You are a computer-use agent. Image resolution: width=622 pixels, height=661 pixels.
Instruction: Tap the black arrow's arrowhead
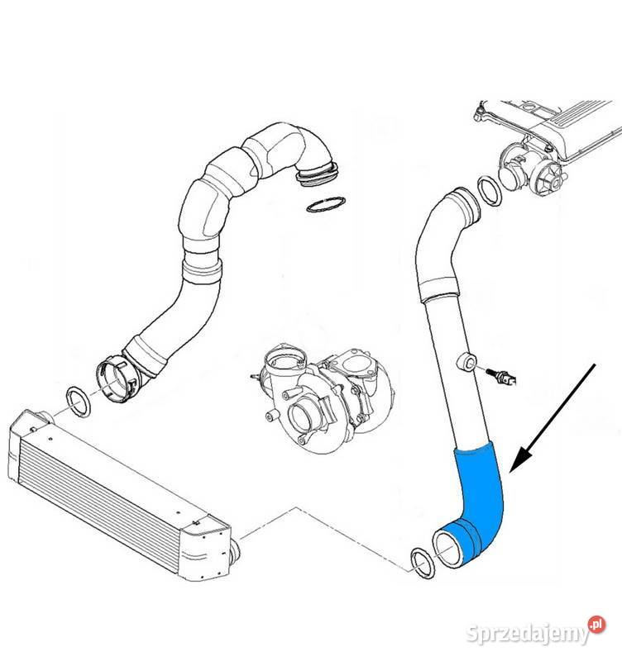522,460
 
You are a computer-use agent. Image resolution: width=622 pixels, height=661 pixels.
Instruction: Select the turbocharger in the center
323,397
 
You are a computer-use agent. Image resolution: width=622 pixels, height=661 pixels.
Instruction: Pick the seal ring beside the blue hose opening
423,564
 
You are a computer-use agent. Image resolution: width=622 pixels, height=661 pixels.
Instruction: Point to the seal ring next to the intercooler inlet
78,402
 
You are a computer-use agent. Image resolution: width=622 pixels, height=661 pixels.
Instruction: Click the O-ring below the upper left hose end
327,205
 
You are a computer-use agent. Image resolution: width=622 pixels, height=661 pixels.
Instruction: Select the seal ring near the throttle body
490,191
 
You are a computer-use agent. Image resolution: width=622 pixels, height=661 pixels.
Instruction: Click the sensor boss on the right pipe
467,361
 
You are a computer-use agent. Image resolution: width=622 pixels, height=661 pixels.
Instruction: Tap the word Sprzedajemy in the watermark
528,633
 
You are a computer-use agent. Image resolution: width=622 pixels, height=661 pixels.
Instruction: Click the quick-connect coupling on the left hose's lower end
118,378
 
